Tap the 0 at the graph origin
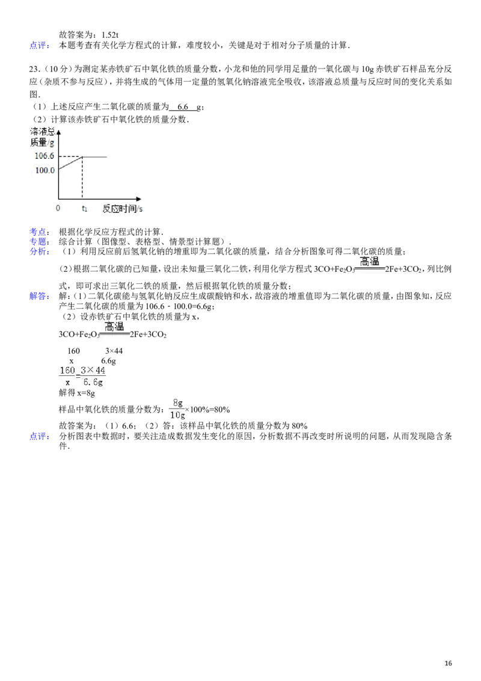[58, 208]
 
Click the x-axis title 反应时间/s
[123, 208]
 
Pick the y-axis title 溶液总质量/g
[42, 137]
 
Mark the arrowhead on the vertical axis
[58, 129]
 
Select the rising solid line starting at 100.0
[70, 163]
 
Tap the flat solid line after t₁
[95, 157]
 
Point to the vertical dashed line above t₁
[82, 177]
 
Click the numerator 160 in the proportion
[67, 371]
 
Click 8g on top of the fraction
[177, 403]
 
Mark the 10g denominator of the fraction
[177, 415]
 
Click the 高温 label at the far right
[369, 262]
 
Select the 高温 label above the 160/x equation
[114, 327]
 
